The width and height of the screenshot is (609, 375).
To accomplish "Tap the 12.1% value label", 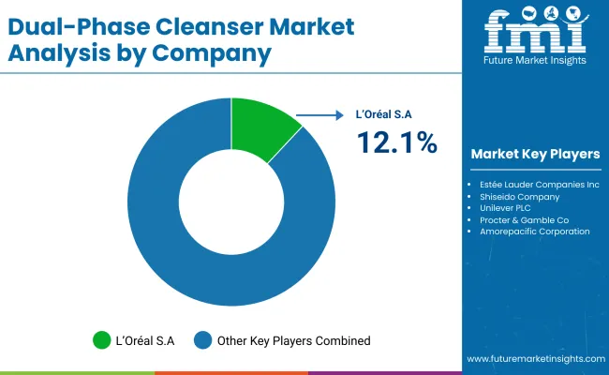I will tap(395, 142).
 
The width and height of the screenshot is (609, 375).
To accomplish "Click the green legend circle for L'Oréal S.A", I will tap(100, 340).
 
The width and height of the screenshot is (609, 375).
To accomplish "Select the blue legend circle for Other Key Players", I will tap(203, 340).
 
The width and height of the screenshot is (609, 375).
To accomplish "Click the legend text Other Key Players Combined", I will tap(294, 340).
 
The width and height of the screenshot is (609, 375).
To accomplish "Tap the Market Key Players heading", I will tap(535, 154).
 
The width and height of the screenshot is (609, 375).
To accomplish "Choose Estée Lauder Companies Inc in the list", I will tap(539, 185).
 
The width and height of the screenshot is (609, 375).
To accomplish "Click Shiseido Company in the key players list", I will tap(519, 197).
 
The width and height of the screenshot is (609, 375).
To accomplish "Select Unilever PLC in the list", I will tap(507, 208).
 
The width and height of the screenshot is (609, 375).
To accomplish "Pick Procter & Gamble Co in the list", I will tap(525, 219).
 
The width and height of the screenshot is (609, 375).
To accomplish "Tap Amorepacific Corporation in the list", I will tap(534, 231).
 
